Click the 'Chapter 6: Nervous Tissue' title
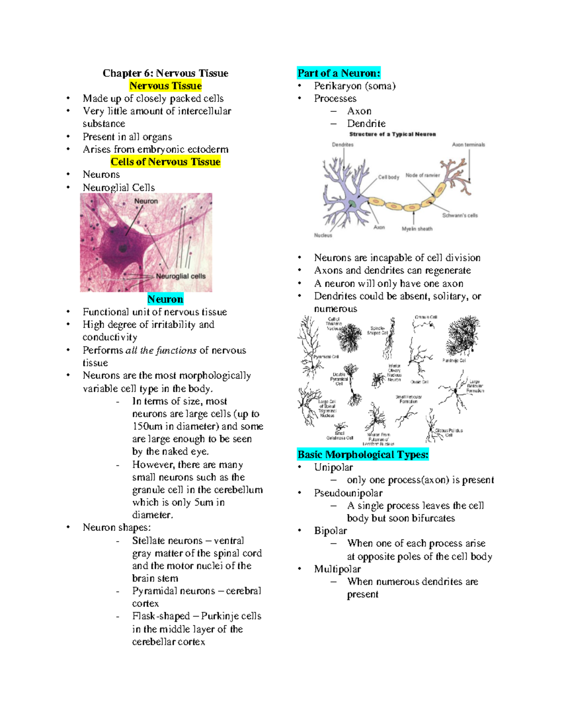tap(165, 73)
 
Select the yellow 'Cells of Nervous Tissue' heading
tap(165, 162)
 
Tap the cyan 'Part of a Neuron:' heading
tap(339, 73)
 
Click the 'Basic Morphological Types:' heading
tap(363, 455)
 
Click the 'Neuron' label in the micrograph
tap(146, 201)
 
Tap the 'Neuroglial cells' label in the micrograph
tap(181, 276)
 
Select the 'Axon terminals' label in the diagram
tap(468, 145)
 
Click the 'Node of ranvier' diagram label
tap(422, 176)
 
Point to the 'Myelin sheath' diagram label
tap(417, 229)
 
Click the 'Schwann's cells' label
tap(460, 215)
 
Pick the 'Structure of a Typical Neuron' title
tap(392, 134)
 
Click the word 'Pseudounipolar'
tap(348, 493)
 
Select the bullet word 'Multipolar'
tap(337, 569)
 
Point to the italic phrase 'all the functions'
tap(161, 351)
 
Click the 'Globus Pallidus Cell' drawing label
tap(448, 432)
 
